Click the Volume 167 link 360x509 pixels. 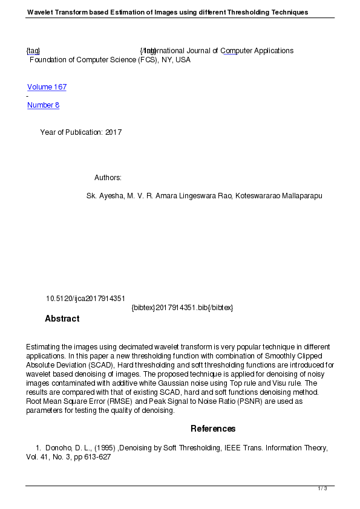point(47,87)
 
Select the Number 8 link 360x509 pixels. point(43,105)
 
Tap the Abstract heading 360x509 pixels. point(62,319)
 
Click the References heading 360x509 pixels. point(213,429)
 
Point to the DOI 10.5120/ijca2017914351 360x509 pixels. point(85,299)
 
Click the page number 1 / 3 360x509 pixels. point(322,488)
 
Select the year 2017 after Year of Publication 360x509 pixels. point(113,132)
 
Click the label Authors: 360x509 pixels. point(108,178)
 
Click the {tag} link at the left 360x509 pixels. point(33,51)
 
